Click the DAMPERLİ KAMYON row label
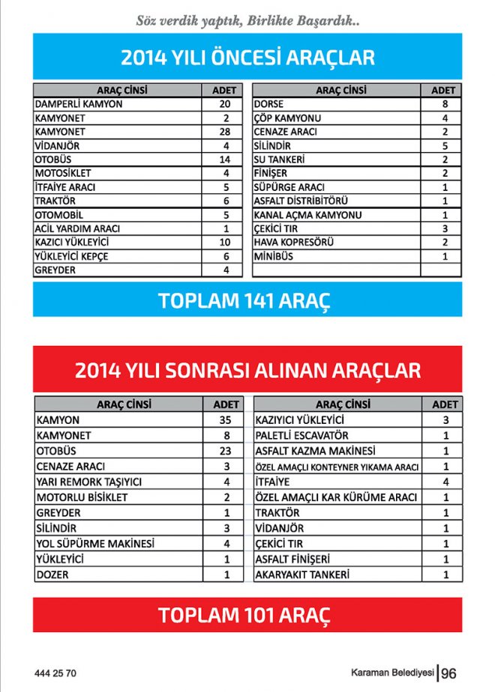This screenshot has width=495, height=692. tap(79, 104)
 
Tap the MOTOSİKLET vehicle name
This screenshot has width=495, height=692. tap(63, 174)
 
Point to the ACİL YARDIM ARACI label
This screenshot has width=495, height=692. tap(77, 229)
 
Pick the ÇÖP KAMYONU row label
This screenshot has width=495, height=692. tap(287, 118)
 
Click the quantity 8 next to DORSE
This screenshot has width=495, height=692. tap(445, 104)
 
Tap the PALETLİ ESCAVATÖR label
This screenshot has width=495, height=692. tap(301, 436)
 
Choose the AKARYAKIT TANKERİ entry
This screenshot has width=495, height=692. tap(302, 575)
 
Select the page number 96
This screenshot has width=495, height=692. tap(449, 673)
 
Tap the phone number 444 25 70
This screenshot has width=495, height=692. tap(55, 673)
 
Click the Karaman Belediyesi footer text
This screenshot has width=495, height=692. tap(393, 673)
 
